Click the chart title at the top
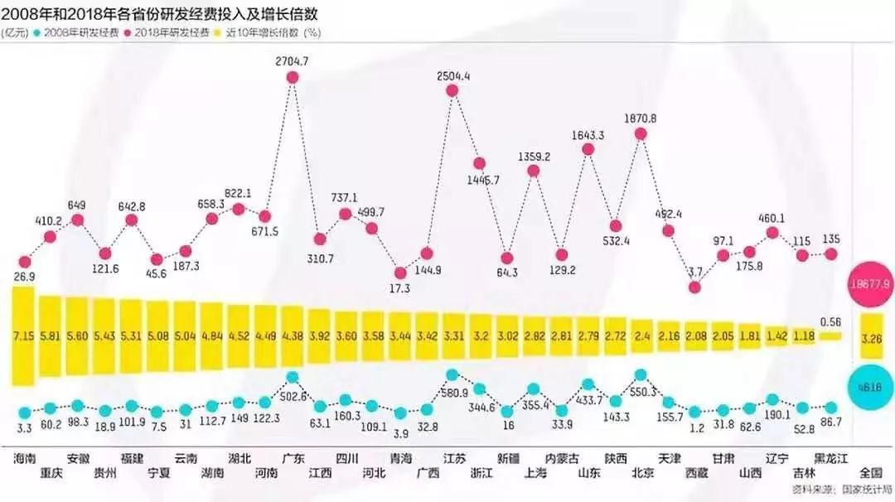(162, 14)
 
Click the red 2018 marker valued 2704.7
(292, 77)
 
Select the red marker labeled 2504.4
(452, 91)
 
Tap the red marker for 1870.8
(641, 133)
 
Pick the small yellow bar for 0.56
(830, 336)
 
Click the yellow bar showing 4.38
(292, 336)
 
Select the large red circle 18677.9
(871, 283)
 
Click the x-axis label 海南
(25, 458)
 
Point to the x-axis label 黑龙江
(831, 458)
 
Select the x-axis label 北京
(642, 473)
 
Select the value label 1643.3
(588, 134)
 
